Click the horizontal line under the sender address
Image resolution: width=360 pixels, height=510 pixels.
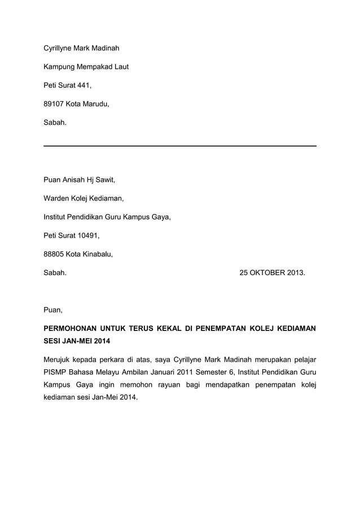[x=180, y=146]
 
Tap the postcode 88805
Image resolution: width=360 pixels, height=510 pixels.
[x=55, y=254]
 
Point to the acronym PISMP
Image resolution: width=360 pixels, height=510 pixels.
[x=55, y=372]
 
